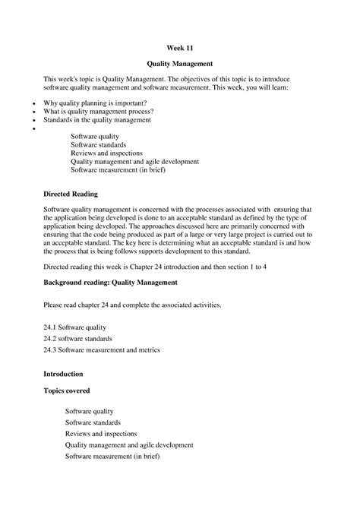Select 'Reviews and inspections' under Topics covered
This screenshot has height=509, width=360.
tap(103, 434)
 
